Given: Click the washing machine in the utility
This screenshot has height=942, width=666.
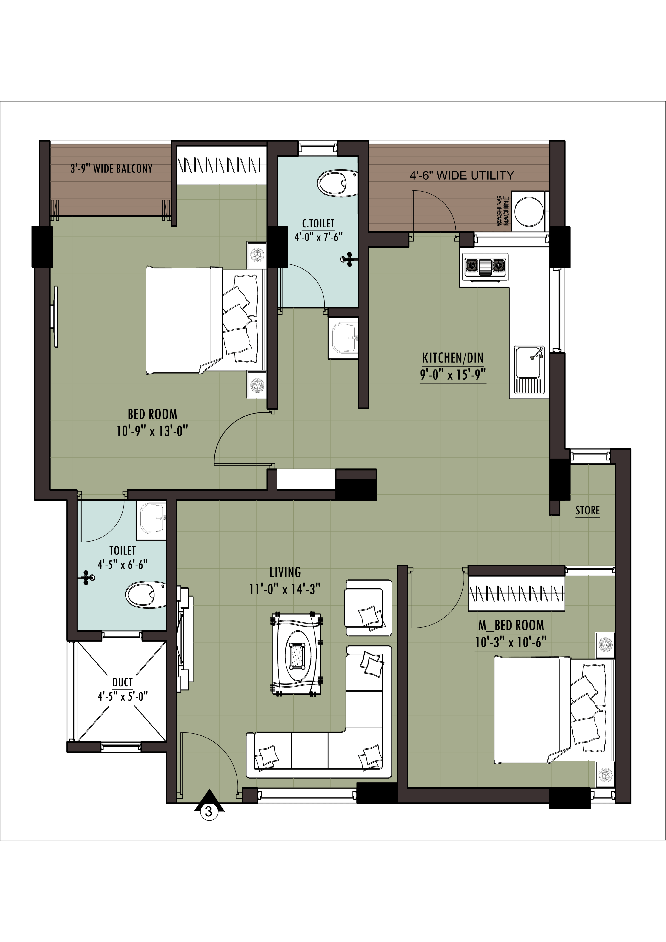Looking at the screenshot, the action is (x=530, y=211).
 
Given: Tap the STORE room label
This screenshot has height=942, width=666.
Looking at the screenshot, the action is (x=588, y=510).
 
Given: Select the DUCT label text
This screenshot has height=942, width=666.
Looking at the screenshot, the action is (x=123, y=682).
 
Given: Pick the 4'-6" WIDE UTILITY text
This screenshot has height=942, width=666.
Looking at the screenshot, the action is (x=462, y=176).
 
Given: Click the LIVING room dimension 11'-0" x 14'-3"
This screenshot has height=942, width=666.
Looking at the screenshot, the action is (x=285, y=589).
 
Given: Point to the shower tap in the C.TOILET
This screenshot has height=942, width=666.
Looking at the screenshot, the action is (x=348, y=259).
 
